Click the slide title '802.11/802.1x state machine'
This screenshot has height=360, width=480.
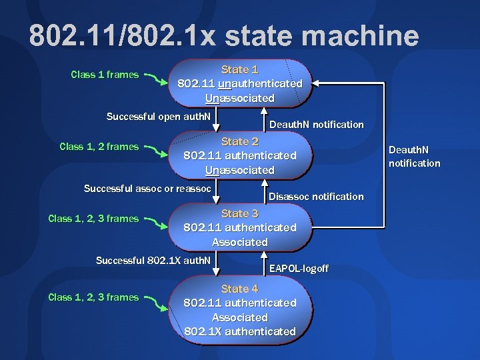224,36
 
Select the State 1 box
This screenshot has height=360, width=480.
240,84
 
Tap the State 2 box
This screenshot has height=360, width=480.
240,156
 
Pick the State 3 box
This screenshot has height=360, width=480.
240,228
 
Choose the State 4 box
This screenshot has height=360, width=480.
240,310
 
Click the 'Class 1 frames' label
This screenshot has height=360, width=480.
105,75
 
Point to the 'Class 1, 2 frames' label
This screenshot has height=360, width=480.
99,147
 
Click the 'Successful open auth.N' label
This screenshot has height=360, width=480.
159,117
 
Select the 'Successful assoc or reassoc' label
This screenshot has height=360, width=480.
147,189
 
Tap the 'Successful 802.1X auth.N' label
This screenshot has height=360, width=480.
153,260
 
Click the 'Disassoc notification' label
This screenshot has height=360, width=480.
316,197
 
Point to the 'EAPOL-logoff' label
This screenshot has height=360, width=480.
299,269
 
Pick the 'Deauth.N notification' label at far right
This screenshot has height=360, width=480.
414,157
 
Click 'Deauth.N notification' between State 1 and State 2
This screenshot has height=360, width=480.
316,125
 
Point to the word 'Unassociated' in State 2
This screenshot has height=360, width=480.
240,170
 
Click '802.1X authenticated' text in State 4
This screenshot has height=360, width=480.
240,331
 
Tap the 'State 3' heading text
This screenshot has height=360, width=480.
240,213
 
